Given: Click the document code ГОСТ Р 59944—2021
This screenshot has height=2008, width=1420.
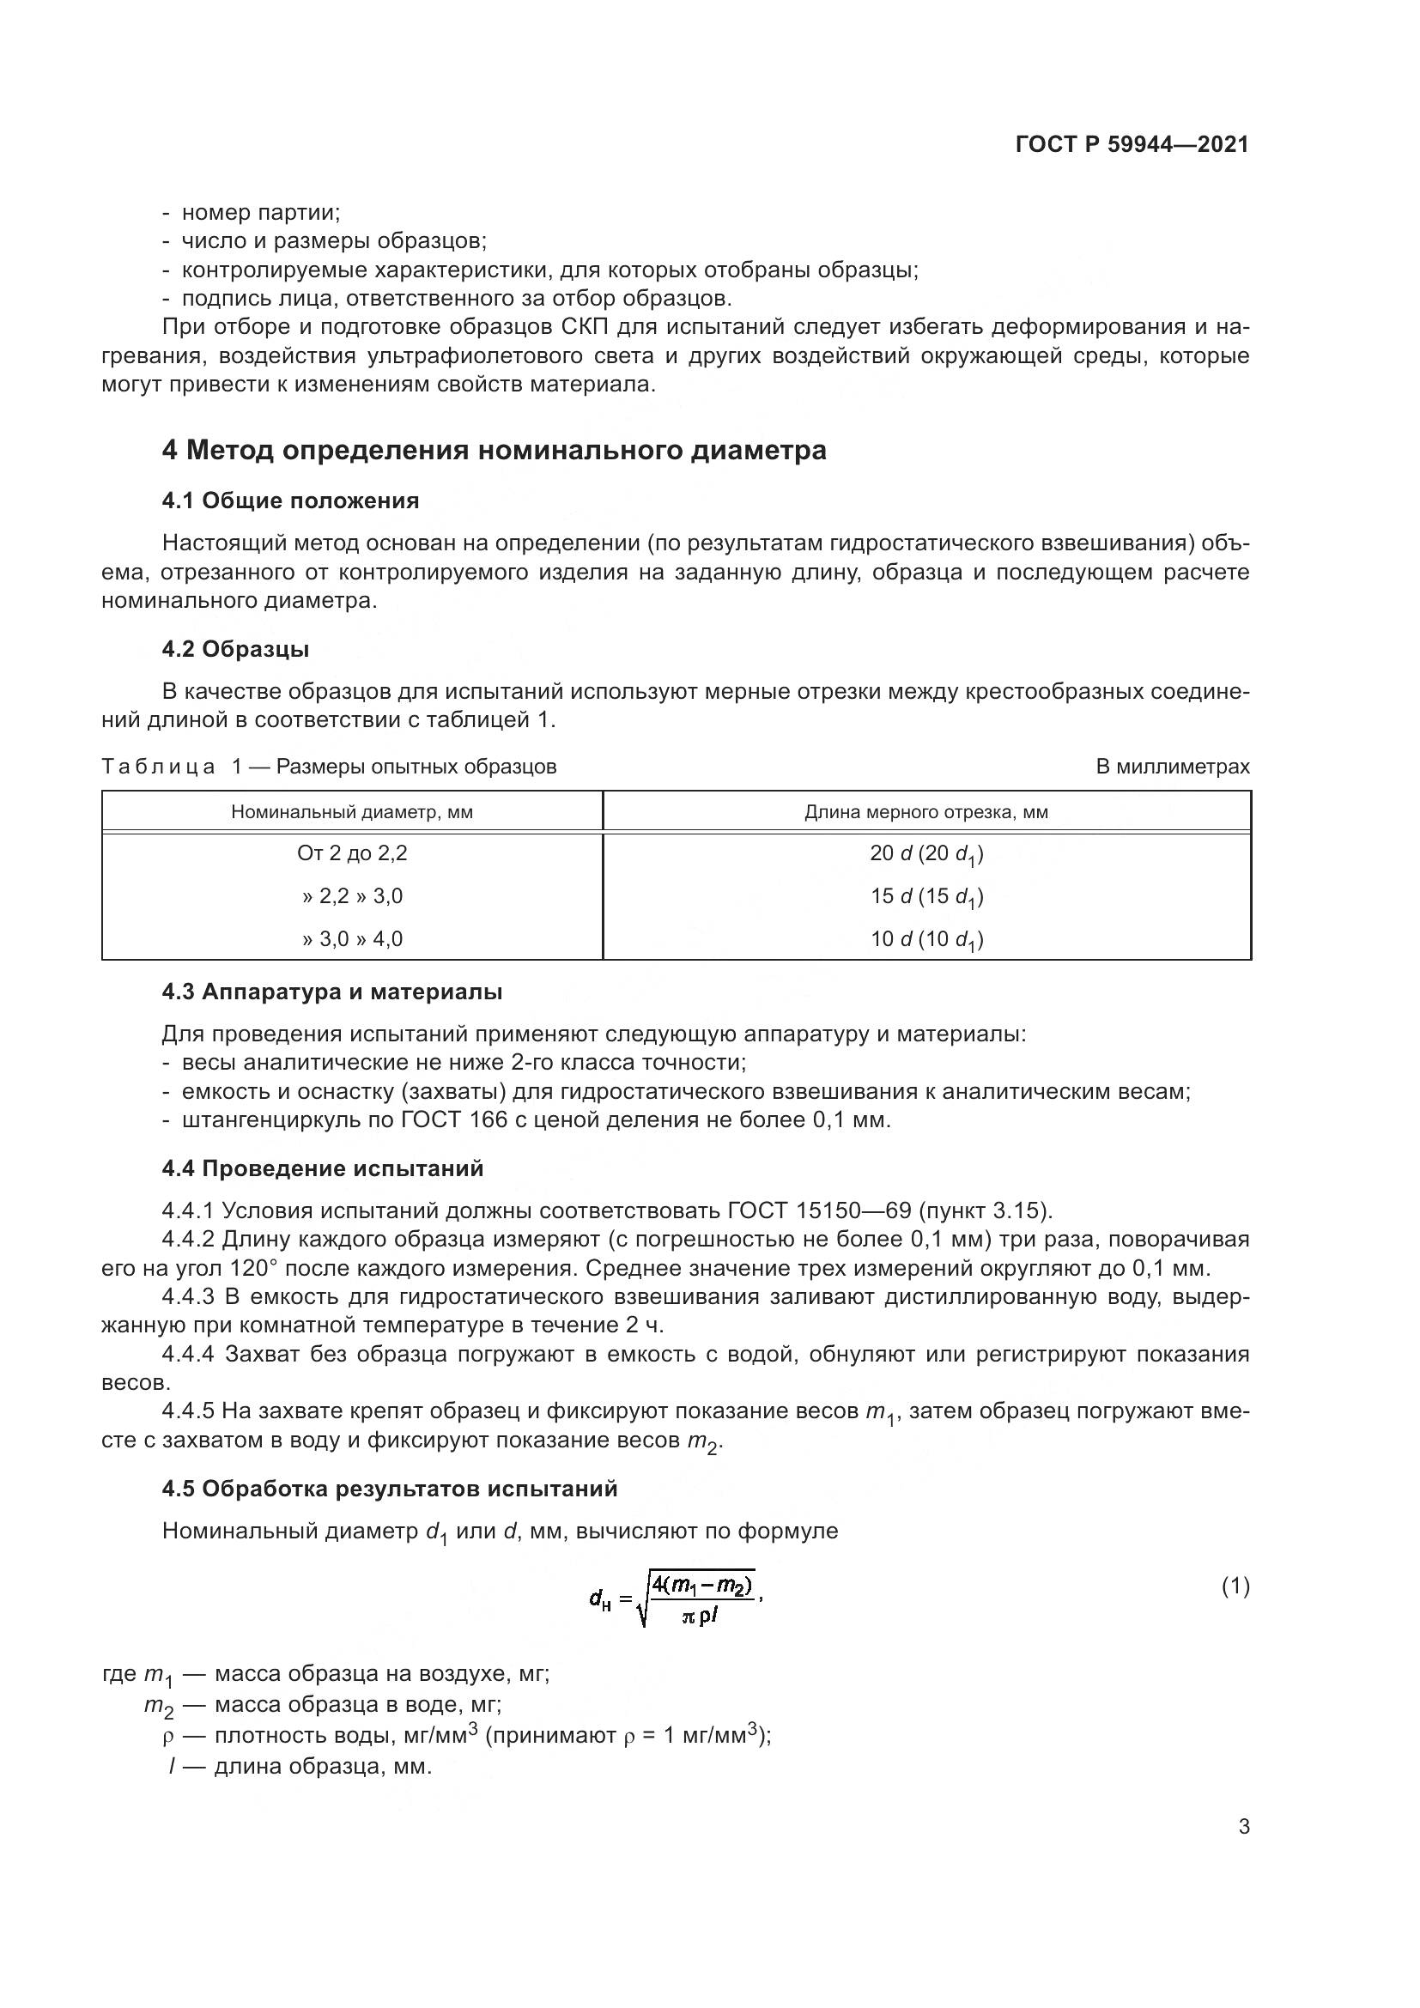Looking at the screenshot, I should (1132, 144).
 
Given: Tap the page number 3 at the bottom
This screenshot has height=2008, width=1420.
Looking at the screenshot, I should (1243, 1826).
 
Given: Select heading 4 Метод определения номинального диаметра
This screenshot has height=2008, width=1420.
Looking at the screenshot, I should (494, 452).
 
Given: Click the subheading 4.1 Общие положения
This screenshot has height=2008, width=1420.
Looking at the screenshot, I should (290, 501).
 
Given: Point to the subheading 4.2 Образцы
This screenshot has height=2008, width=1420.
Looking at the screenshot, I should (235, 649).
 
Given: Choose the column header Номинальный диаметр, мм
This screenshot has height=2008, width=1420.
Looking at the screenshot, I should (351, 811).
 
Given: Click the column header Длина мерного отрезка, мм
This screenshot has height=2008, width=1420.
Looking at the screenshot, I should (926, 811).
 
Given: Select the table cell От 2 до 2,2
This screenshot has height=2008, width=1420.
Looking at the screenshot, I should (351, 852).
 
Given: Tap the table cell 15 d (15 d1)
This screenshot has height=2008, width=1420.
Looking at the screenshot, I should (926, 896).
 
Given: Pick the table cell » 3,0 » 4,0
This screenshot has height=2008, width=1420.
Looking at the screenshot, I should (351, 939).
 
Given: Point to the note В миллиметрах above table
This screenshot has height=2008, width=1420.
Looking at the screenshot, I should (1173, 767).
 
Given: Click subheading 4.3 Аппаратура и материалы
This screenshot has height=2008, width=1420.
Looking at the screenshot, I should (331, 992).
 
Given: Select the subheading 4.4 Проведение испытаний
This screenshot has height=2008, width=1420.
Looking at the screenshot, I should (323, 1168).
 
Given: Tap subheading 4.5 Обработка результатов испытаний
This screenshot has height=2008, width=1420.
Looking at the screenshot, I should (389, 1489).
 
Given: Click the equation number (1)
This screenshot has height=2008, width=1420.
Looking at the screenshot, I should (1235, 1586).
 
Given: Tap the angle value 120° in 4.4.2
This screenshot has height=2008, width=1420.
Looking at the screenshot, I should (254, 1268).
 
